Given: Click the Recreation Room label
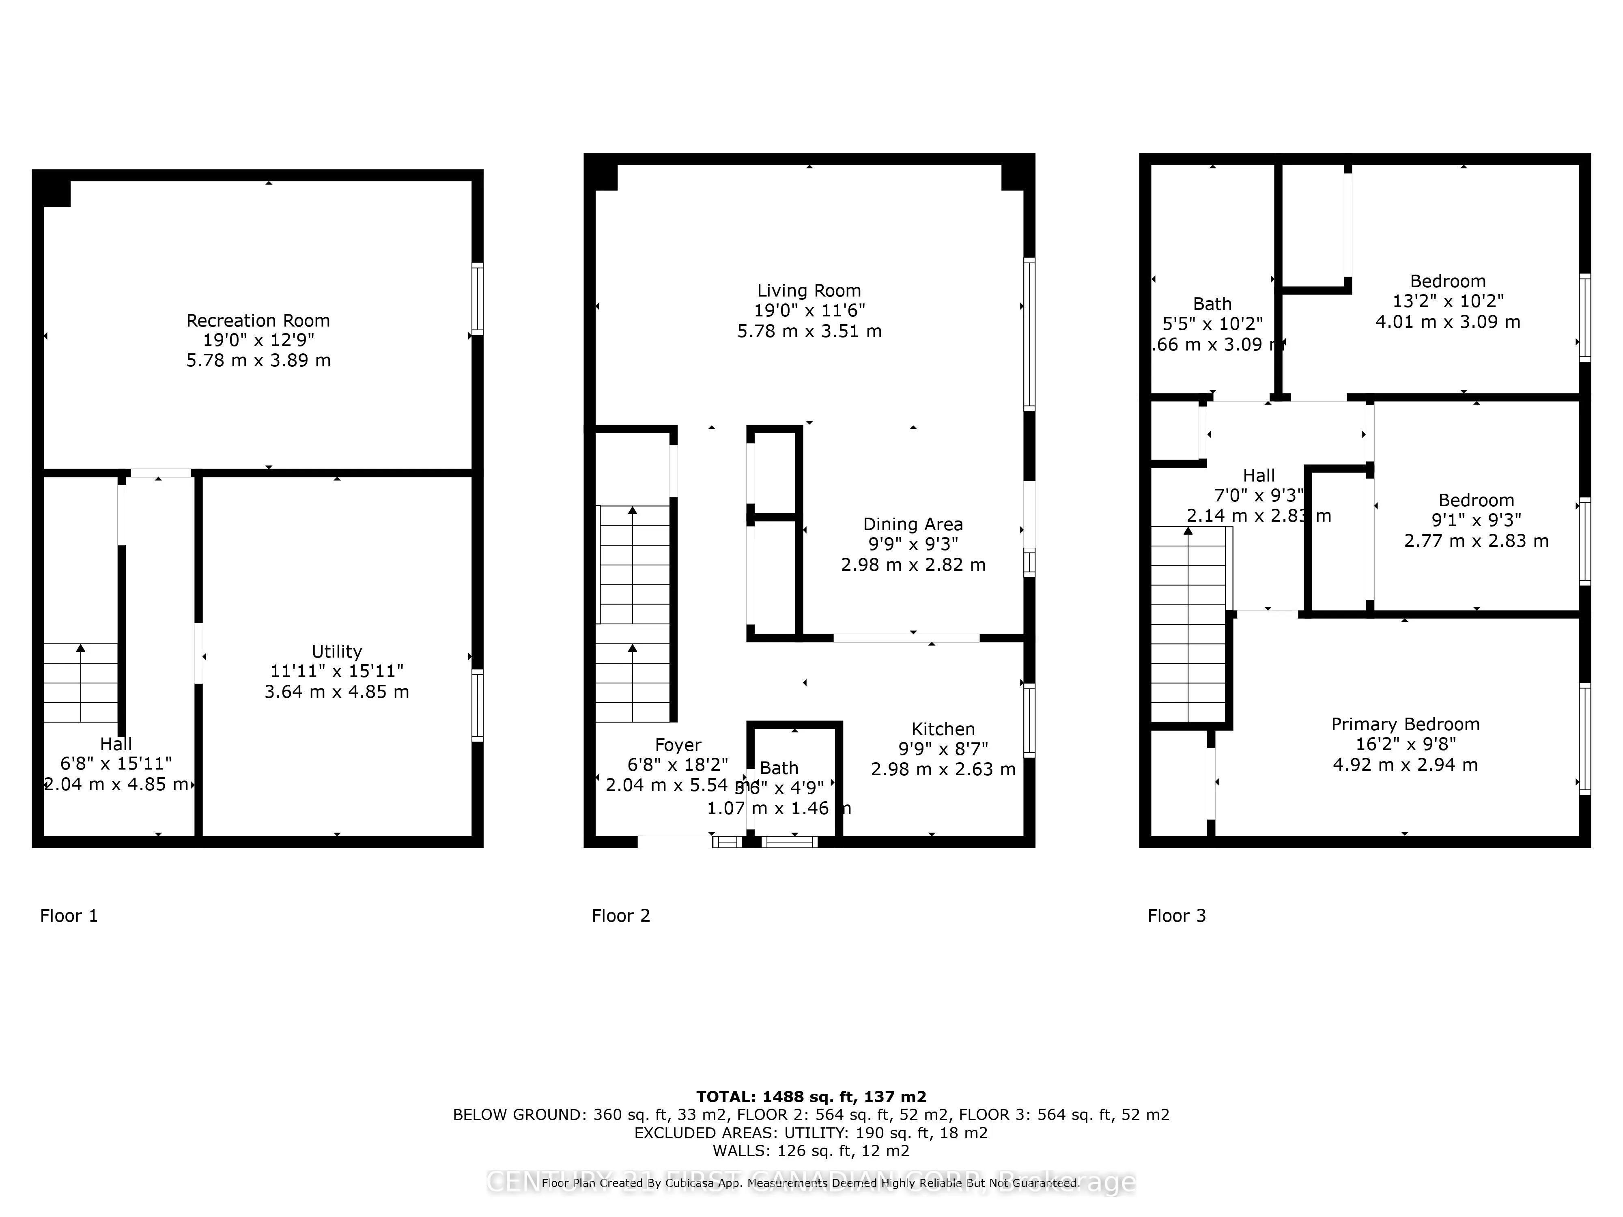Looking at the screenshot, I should [x=258, y=320].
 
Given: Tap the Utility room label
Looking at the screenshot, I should [x=337, y=652].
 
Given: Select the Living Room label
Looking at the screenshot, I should [x=809, y=290].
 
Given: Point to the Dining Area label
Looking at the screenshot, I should [x=913, y=524].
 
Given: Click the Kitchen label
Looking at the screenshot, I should [x=943, y=729].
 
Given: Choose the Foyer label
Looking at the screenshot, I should [x=678, y=744].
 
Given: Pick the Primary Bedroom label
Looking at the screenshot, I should [x=1405, y=724].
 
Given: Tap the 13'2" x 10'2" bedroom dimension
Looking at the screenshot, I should [x=1448, y=301].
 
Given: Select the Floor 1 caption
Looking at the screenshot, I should [x=69, y=916].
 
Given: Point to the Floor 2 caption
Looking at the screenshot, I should [x=621, y=916].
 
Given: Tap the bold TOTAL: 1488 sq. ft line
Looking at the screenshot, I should [x=811, y=1097].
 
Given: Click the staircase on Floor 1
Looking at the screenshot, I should [x=81, y=682].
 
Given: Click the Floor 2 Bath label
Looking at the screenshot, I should [x=779, y=768].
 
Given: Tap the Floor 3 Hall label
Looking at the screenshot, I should [x=1259, y=475].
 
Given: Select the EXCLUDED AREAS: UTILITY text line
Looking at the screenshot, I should [x=811, y=1133].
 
